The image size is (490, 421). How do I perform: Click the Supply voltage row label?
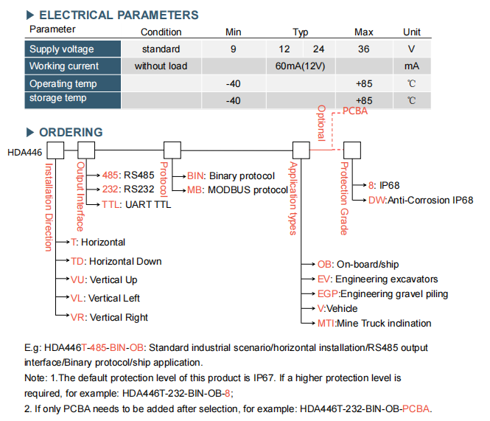coord(62,49)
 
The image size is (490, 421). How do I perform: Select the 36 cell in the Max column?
coord(364,49)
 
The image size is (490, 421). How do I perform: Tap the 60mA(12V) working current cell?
coord(301,66)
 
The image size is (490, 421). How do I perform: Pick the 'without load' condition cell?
coord(161,66)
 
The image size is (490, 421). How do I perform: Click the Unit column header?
coord(412,32)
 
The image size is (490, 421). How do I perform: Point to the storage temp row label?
coord(57,98)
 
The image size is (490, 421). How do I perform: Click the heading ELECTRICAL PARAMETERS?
coord(119,15)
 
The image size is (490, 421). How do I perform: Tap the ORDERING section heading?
coord(71,132)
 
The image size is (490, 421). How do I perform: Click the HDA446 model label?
coord(25,153)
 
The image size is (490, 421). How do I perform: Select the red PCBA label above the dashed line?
coord(355,111)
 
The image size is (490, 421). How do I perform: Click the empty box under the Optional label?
coord(352,150)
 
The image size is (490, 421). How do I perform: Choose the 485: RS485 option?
coord(128,175)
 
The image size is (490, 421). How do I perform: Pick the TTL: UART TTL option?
coord(136,204)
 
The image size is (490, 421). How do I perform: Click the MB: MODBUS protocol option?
coord(237,190)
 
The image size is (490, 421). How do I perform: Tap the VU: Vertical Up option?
coord(104,279)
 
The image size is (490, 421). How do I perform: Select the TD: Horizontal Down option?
coord(116,261)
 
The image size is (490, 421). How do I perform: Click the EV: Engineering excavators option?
coord(377,279)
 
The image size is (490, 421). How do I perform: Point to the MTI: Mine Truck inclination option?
coord(374,323)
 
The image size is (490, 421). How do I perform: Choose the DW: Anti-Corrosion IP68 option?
coord(421,201)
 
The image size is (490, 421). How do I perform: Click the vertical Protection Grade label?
coord(344,198)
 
